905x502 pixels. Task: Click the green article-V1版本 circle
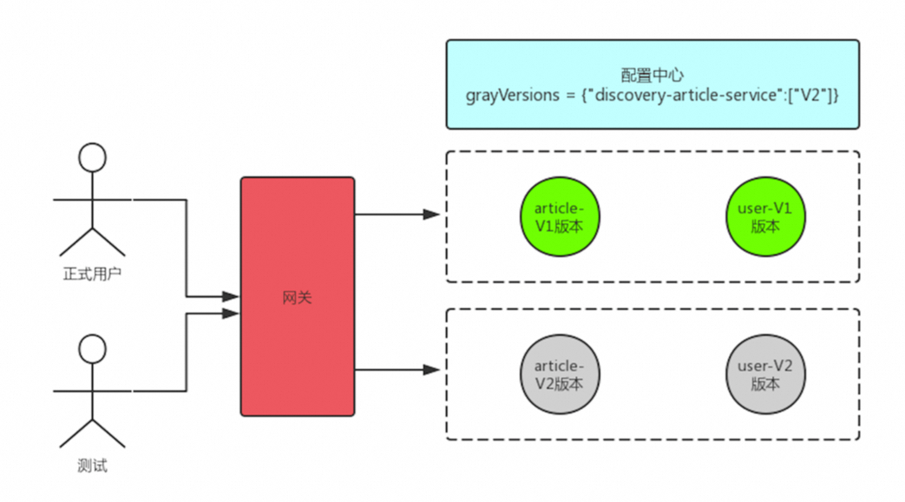(x=560, y=218)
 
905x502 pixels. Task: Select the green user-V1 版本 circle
(x=764, y=218)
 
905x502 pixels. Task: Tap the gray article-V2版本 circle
(x=560, y=375)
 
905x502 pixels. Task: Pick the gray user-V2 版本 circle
(x=764, y=375)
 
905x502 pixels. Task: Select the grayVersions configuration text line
(x=653, y=96)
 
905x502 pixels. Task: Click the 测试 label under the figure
(x=92, y=466)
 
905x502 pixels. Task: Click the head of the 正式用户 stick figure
(x=92, y=158)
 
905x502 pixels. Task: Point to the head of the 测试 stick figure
(x=92, y=349)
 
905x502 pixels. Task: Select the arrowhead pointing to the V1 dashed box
(x=431, y=214)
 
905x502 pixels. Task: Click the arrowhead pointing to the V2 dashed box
(x=431, y=370)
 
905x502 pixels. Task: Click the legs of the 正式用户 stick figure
(x=92, y=241)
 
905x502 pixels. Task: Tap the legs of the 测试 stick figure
(x=92, y=433)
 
